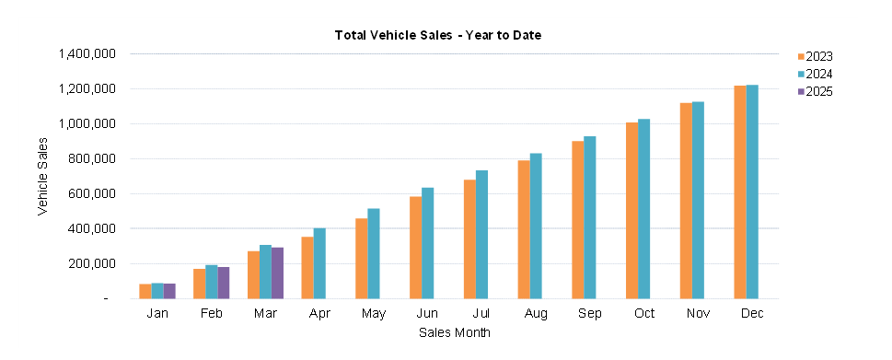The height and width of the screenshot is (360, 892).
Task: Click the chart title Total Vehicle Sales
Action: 437,35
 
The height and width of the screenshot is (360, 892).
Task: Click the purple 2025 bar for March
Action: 277,273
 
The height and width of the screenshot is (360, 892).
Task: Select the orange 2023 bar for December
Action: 740,192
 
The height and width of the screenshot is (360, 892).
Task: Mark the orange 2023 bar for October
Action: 631,211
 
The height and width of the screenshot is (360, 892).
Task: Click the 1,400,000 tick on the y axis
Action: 87,54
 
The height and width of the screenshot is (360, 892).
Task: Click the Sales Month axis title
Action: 454,331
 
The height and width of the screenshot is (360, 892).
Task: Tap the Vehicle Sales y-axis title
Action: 42,177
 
